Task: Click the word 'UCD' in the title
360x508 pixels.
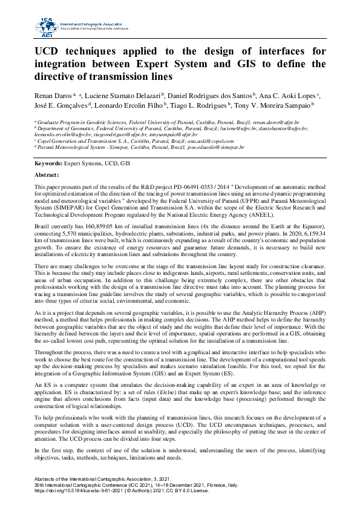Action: coord(50,50)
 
